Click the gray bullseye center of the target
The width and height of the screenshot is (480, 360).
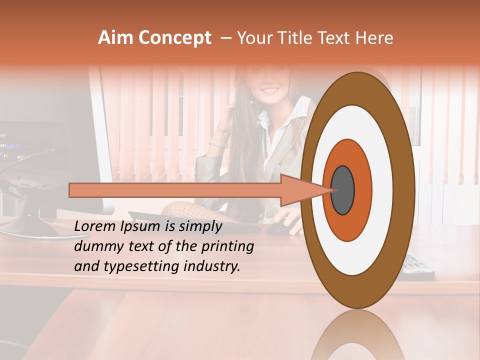coord(343,190)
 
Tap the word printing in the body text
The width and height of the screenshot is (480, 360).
coord(230,246)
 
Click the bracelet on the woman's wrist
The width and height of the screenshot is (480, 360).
coord(218,143)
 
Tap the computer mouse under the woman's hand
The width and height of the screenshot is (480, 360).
coord(278,228)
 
